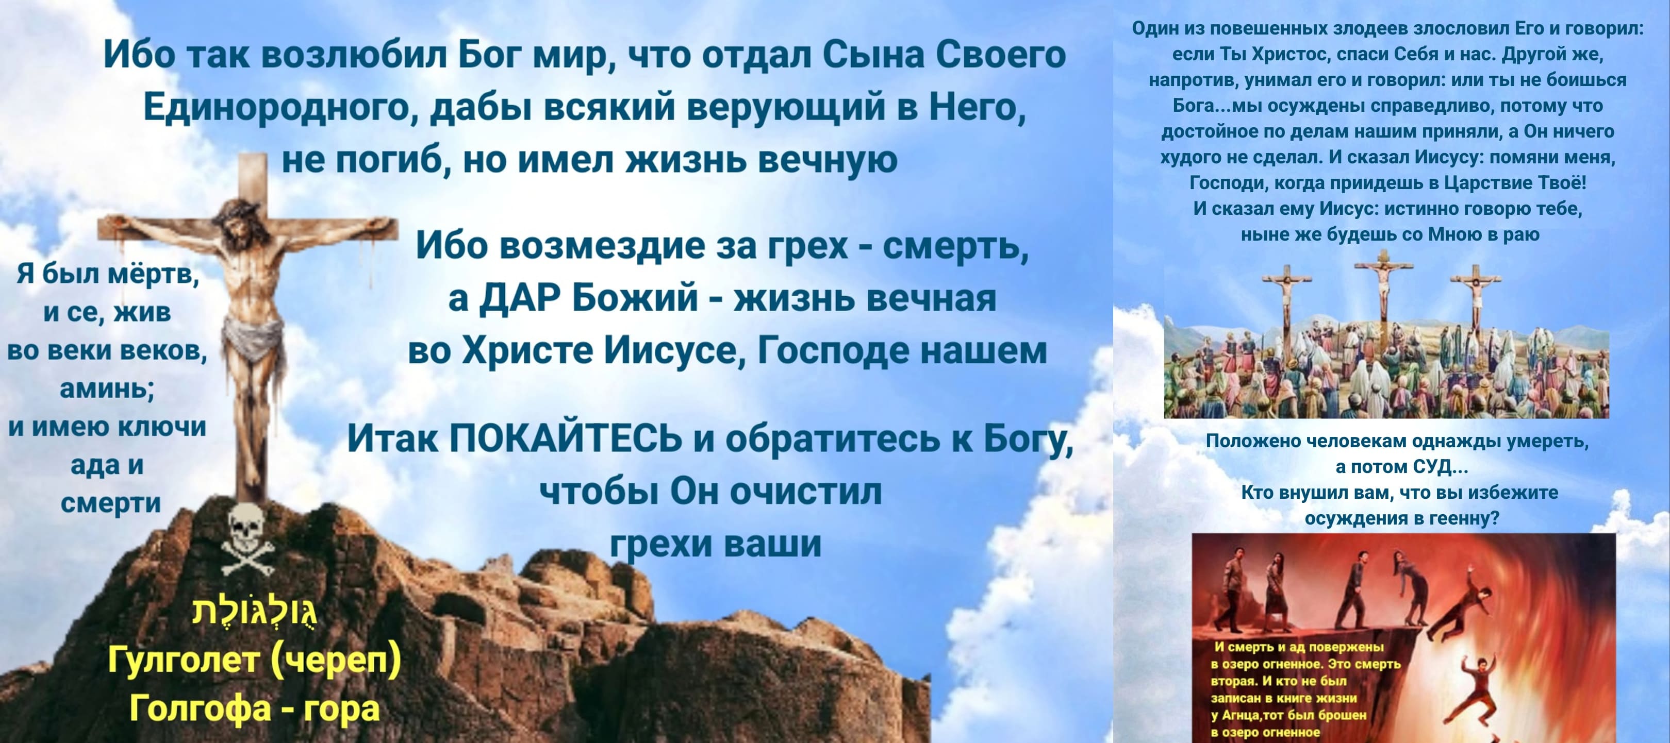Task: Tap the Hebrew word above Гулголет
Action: tap(254, 610)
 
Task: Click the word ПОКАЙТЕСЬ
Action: tap(565, 438)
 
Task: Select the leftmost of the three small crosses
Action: tap(1287, 298)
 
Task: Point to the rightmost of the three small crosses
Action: tap(1476, 298)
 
